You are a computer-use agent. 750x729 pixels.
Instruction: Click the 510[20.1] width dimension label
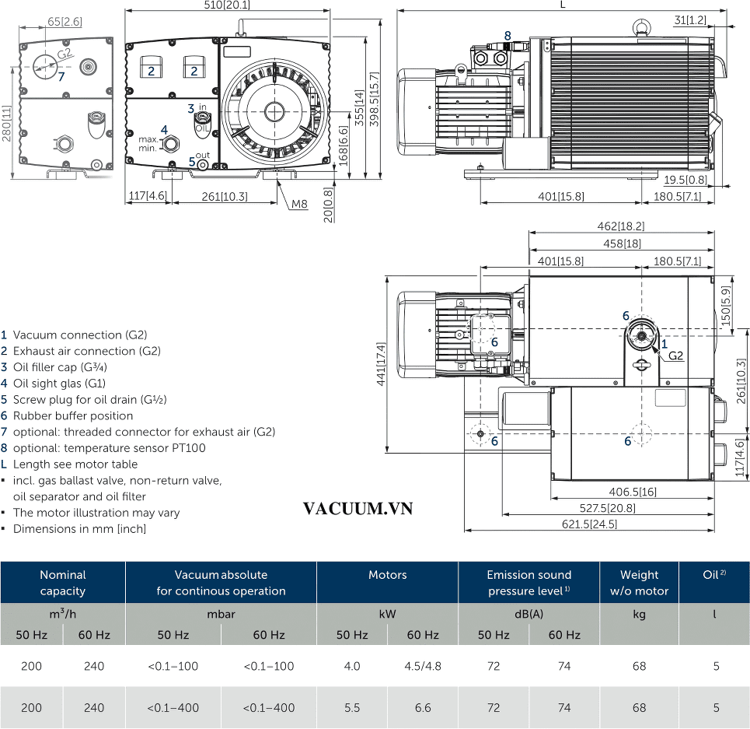(x=227, y=5)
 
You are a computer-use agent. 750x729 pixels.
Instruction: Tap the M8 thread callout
(x=299, y=205)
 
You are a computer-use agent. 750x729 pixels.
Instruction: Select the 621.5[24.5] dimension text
(x=589, y=524)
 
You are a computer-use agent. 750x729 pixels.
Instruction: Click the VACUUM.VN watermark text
(x=358, y=508)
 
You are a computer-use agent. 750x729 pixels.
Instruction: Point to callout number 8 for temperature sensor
(x=508, y=36)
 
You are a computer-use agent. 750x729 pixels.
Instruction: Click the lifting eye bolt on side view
(x=640, y=28)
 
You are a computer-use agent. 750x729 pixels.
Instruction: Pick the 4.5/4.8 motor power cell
(x=423, y=666)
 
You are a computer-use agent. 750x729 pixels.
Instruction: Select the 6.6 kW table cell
(x=423, y=707)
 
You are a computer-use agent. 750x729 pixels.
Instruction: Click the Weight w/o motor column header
(x=639, y=583)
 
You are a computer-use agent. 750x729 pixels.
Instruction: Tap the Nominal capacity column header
(x=63, y=583)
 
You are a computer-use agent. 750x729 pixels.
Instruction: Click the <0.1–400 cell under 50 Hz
(x=173, y=707)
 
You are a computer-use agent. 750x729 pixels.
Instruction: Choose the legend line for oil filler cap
(x=54, y=367)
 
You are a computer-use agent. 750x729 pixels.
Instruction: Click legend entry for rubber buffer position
(x=67, y=415)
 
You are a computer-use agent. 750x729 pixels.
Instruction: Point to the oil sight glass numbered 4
(x=171, y=143)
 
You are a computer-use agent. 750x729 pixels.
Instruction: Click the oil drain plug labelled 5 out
(x=203, y=165)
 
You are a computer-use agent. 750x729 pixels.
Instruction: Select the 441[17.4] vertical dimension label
(x=381, y=364)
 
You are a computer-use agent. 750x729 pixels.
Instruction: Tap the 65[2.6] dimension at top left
(x=65, y=22)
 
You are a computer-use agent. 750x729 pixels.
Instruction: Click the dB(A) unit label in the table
(x=528, y=614)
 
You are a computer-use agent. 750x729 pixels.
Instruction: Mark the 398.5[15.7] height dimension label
(x=375, y=99)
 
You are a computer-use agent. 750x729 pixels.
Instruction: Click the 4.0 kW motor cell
(x=352, y=666)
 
